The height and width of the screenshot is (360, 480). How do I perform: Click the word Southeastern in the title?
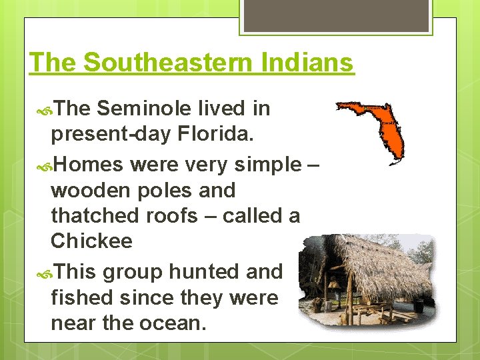click(x=168, y=63)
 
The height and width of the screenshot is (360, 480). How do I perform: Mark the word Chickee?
click(x=91, y=241)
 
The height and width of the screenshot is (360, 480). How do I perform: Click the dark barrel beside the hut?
click(x=419, y=306)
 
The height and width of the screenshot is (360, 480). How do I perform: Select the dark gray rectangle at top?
click(x=336, y=15)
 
